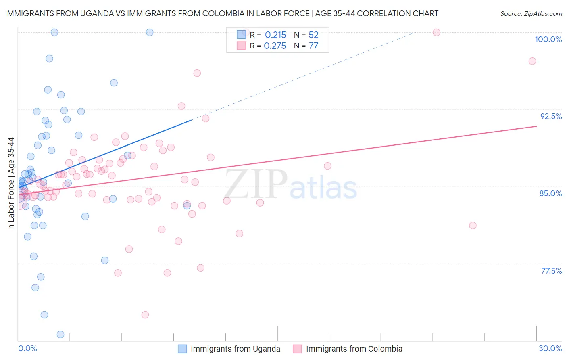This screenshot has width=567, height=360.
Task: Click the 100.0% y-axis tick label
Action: tap(548, 39)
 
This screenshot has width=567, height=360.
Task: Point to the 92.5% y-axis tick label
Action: tap(551, 116)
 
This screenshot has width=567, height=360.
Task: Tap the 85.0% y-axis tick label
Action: tap(550, 193)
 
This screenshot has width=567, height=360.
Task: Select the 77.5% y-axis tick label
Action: tap(551, 271)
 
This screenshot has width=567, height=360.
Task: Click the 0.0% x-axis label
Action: tap(27, 348)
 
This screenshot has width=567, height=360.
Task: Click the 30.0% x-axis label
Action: tap(550, 348)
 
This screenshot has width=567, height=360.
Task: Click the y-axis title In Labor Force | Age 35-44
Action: tap(11, 184)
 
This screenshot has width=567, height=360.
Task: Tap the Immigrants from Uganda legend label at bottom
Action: tap(235, 349)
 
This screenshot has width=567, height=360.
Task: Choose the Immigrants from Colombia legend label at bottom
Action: tap(354, 349)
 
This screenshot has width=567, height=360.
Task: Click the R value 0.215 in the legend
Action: tap(275, 35)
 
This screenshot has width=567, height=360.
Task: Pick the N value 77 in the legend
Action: tap(313, 46)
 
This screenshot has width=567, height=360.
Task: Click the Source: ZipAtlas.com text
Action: tap(531, 14)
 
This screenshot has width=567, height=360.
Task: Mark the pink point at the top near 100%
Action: tap(436, 32)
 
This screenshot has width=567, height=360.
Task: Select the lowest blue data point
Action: tap(60, 334)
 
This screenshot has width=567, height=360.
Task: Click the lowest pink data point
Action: tap(145, 315)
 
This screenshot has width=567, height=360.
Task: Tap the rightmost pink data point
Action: tap(532, 61)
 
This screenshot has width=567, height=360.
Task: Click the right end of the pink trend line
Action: tap(536, 126)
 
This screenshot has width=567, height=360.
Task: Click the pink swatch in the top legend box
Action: tap(241, 46)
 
